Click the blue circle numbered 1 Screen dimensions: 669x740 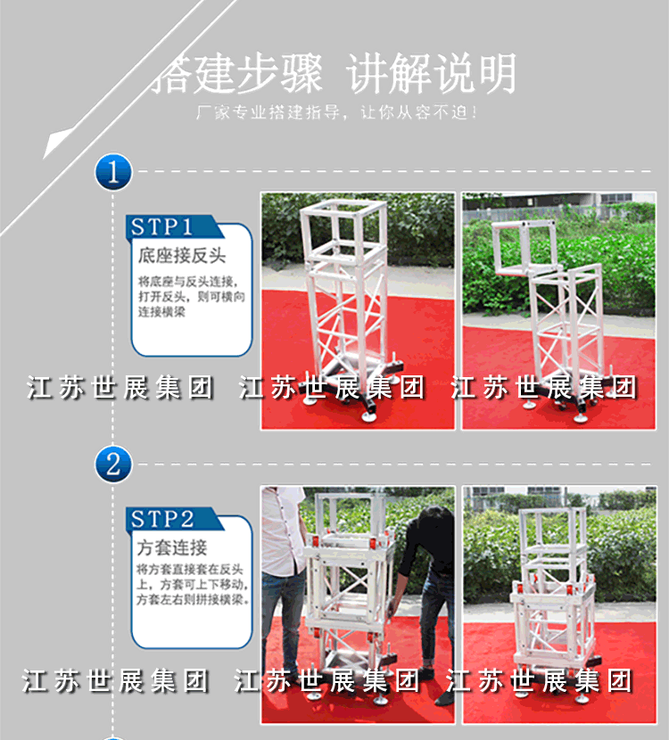113,172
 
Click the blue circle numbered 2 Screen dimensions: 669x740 113,464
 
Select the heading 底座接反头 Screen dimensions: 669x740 182,255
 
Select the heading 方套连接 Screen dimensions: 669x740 172,547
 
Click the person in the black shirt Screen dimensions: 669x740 429,590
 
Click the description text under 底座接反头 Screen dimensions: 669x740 191,296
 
